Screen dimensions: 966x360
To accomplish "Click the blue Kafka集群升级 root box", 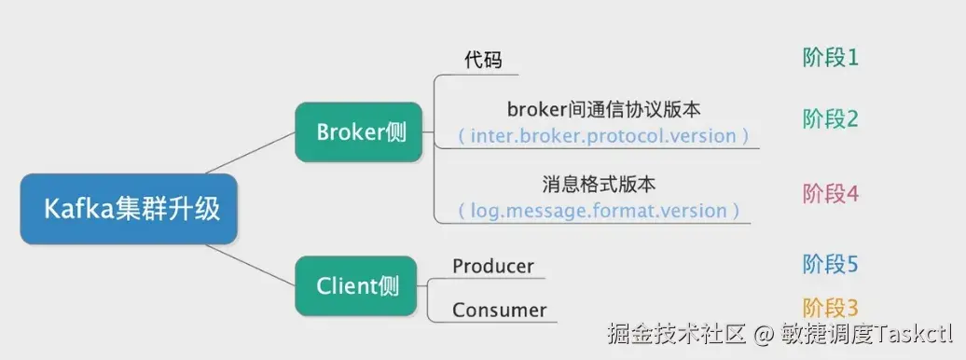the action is pyautogui.click(x=131, y=208).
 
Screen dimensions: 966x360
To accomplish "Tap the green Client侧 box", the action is pyautogui.click(x=357, y=285).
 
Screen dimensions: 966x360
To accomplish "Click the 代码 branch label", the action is pyautogui.click(x=483, y=61).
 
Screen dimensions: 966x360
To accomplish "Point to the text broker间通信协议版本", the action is pyautogui.click(x=603, y=110).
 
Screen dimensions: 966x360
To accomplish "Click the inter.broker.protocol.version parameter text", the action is pyautogui.click(x=603, y=136).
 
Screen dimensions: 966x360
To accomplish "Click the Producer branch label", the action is pyautogui.click(x=493, y=267).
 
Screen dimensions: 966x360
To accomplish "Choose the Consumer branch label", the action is pyautogui.click(x=500, y=311).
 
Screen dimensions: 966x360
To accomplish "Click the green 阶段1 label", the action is pyautogui.click(x=830, y=58).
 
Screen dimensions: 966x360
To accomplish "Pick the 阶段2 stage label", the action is pyautogui.click(x=830, y=119).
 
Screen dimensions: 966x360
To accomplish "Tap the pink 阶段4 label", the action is pyautogui.click(x=830, y=194).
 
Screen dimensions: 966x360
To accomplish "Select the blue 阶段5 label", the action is pyautogui.click(x=830, y=264).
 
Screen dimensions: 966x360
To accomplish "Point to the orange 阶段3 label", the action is pyautogui.click(x=830, y=308).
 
